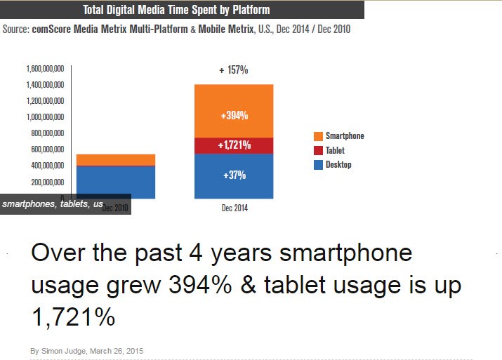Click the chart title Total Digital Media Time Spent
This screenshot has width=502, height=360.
click(176, 10)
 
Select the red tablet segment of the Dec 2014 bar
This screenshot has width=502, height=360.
click(234, 145)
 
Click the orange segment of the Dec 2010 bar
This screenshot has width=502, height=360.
click(116, 160)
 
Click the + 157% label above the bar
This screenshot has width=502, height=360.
click(234, 70)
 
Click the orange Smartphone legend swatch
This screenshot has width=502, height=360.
click(318, 136)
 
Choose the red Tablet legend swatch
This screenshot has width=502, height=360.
click(318, 150)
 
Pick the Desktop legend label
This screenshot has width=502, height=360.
click(338, 165)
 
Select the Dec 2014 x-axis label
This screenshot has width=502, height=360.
click(234, 208)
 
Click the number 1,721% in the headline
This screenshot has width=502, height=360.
click(73, 316)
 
